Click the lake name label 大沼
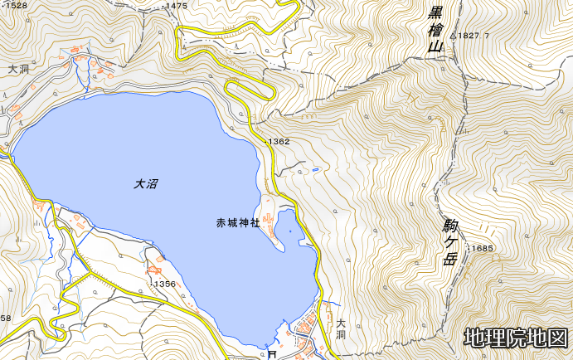point(146,184)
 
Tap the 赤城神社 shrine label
point(238,222)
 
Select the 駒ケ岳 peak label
point(450,241)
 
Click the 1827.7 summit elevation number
point(476,36)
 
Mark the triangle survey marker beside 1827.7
point(454,36)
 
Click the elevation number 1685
point(483,249)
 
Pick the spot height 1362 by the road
point(279,142)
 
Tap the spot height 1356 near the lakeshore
point(165,284)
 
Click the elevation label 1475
point(177,6)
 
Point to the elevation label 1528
point(15,6)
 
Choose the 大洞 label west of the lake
point(17,71)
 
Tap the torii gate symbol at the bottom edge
point(272,354)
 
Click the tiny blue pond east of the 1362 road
point(316,170)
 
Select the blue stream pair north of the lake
point(82,75)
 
